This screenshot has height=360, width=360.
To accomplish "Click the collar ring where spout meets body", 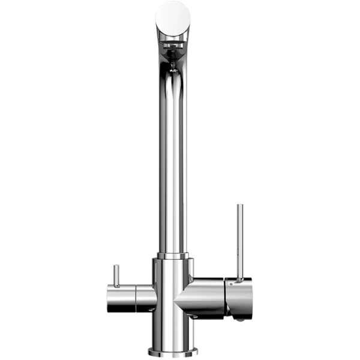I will click(x=173, y=256).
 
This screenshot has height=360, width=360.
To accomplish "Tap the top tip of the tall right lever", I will click(x=239, y=206).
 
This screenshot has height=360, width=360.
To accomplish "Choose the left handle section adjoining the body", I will click(x=146, y=298).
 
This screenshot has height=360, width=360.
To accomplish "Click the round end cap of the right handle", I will click(x=242, y=297).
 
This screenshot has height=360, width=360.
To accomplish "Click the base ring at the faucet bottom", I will click(x=173, y=352).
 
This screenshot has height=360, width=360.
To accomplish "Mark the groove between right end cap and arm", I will click(x=226, y=297).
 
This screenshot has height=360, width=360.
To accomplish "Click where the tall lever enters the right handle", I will click(x=239, y=279).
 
